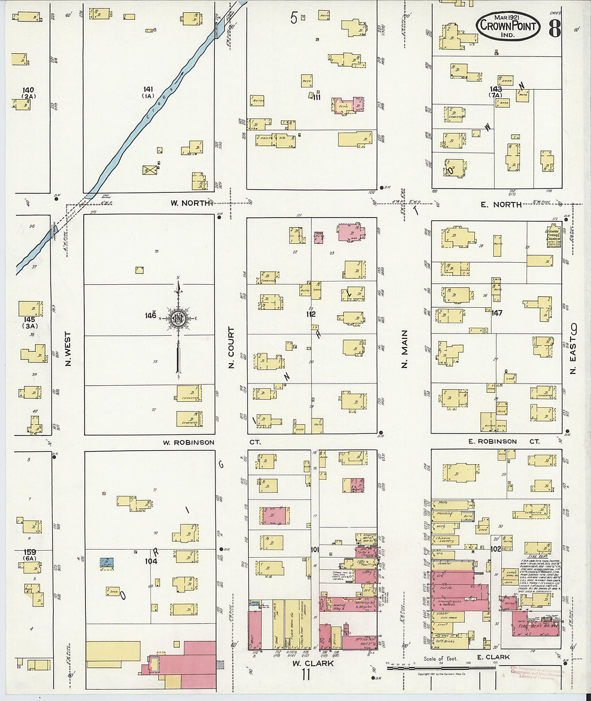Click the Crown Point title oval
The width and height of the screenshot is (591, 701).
[x=508, y=26]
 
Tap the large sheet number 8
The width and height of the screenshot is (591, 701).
[x=555, y=28]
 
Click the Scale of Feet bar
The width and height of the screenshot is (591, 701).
[x=441, y=668]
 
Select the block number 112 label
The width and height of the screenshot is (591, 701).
[x=310, y=314]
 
